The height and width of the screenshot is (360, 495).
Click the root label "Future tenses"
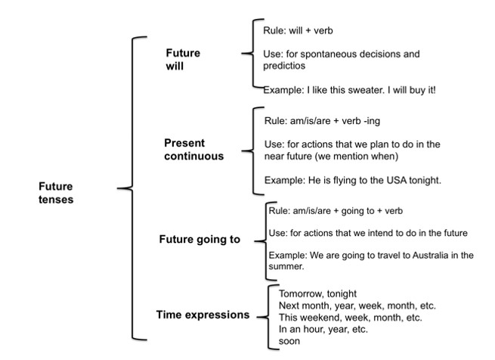click(x=56, y=193)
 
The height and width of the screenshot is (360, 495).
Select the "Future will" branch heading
click(x=183, y=60)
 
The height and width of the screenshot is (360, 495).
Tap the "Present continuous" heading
click(x=193, y=150)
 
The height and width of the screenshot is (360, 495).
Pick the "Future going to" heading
click(x=200, y=240)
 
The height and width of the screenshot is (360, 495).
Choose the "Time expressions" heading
click(x=203, y=315)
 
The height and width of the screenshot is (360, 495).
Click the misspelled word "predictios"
click(x=284, y=66)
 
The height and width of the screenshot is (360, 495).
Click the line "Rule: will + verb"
click(x=298, y=30)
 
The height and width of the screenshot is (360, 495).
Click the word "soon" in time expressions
click(x=289, y=341)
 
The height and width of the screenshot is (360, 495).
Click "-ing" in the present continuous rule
click(x=372, y=121)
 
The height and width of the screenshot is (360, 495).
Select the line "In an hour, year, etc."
click(x=323, y=329)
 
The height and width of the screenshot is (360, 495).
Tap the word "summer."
click(x=286, y=266)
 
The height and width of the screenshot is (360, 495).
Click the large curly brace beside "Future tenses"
click(x=132, y=188)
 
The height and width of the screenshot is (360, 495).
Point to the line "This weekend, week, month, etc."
click(x=351, y=318)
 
